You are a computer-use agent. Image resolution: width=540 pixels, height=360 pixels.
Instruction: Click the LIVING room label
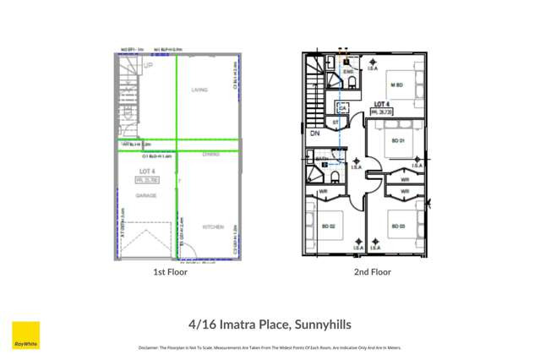click(x=199, y=90)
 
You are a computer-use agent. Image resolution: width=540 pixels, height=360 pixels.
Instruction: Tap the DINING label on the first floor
click(x=211, y=155)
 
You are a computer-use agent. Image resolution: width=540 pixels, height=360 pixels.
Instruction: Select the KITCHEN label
click(x=213, y=227)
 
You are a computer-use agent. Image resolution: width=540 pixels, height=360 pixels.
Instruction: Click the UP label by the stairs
click(x=149, y=65)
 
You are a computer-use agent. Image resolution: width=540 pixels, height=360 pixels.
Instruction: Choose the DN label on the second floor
click(x=314, y=134)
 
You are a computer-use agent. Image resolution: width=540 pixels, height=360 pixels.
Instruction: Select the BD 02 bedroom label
click(x=328, y=226)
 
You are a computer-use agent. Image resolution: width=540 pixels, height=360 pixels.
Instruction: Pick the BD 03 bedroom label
click(x=397, y=226)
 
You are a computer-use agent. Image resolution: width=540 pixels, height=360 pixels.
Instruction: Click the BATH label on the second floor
click(x=321, y=158)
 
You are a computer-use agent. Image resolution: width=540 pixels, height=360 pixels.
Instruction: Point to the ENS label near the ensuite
click(x=347, y=73)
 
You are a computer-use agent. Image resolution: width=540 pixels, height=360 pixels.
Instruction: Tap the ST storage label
click(x=335, y=123)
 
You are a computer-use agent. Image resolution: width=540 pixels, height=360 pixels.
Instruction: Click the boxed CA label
click(x=343, y=107)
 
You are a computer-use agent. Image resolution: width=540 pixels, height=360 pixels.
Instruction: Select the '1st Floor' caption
click(x=170, y=272)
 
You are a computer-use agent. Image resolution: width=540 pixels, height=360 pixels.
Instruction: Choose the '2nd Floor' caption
click(x=373, y=272)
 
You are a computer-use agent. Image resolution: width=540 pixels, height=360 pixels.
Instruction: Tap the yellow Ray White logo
click(x=25, y=335)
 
